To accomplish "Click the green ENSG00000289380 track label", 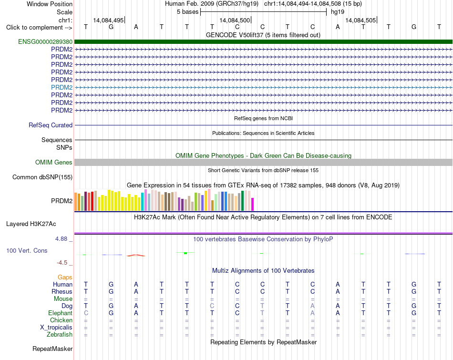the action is coord(45,41).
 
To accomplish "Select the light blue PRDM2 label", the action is coord(62,87).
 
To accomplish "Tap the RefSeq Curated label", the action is coord(51,125).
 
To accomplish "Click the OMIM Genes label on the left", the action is coord(54,163).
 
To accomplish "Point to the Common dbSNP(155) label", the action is coord(42,177).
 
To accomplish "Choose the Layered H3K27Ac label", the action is coord(31,224).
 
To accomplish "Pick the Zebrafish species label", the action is coord(60,335).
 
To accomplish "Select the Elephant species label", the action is coord(61,313).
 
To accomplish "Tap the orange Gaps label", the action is coord(65,278).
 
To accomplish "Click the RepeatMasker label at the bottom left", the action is coord(52,349).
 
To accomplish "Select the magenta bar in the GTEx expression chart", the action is coord(253,204).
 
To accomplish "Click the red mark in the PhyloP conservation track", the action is coord(136,256).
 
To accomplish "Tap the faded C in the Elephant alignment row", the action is coord(86,313).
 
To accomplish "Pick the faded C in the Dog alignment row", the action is coord(212,306).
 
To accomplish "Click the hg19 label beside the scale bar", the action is coord(338,12).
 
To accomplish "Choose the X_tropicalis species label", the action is coord(56,328).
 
